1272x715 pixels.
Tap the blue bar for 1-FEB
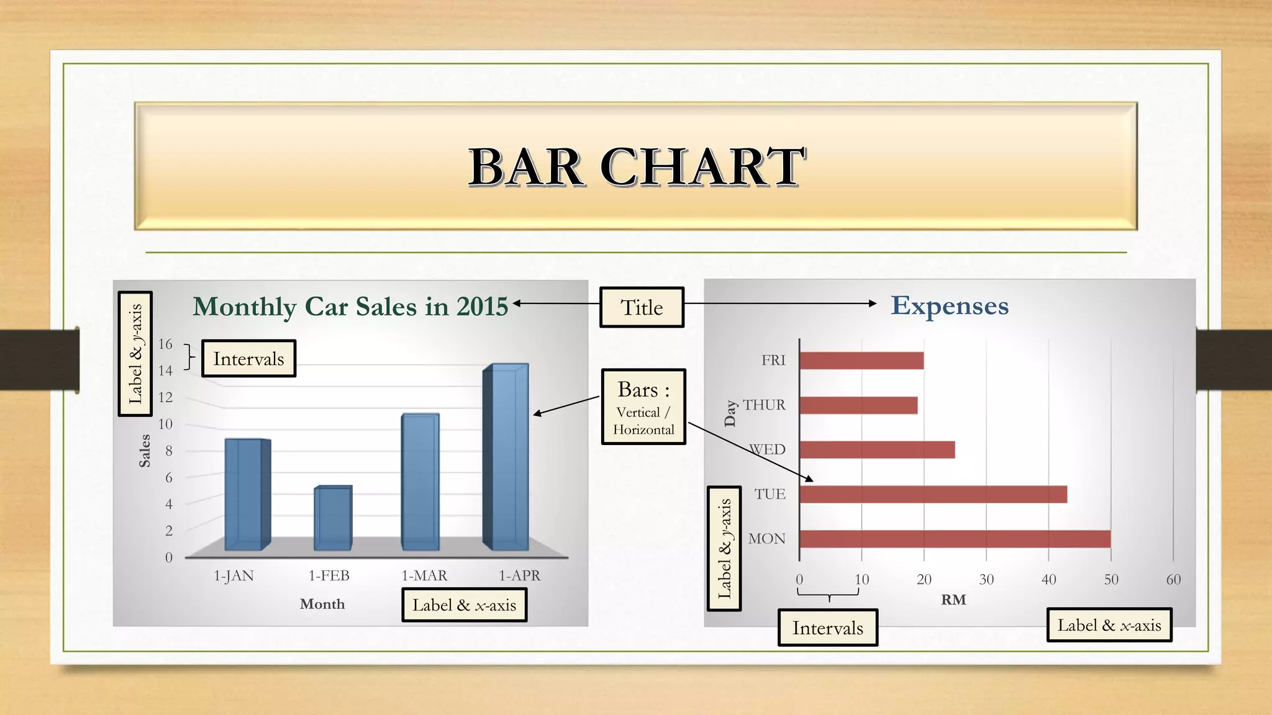click(333, 518)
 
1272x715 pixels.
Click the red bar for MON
click(955, 539)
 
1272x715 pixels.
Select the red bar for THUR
click(858, 405)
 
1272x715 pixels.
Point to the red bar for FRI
click(861, 361)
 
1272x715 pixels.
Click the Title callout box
click(642, 307)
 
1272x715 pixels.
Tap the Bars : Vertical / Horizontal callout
click(643, 407)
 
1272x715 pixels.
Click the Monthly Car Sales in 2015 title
click(350, 307)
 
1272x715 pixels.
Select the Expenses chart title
click(949, 305)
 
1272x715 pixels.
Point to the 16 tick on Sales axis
click(165, 344)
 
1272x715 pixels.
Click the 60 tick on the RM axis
click(1173, 580)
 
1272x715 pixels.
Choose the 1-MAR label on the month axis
click(424, 576)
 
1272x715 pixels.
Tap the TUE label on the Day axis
click(770, 494)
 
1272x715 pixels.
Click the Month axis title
click(322, 604)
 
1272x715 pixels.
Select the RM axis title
click(953, 600)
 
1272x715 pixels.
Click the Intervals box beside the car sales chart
click(248, 359)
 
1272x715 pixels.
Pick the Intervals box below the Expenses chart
click(827, 628)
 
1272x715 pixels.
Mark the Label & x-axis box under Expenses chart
click(1109, 625)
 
